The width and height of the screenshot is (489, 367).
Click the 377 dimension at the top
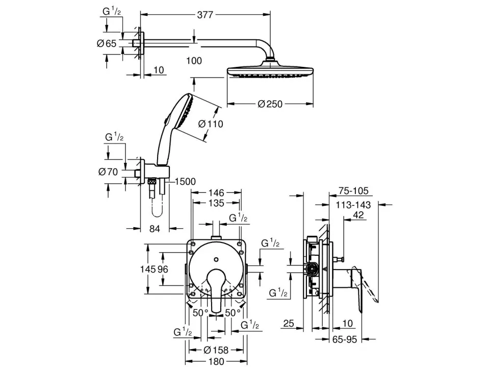pyautogui.click(x=205, y=15)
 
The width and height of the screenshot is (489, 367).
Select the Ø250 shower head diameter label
pyautogui.click(x=270, y=104)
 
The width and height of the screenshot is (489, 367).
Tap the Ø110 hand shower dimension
pyautogui.click(x=211, y=124)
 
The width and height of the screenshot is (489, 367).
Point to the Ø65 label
pyautogui.click(x=107, y=43)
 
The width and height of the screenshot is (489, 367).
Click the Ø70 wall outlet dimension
pyautogui.click(x=108, y=172)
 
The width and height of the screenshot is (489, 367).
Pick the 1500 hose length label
pyautogui.click(x=185, y=181)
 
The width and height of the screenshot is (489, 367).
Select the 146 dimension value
pyautogui.click(x=216, y=192)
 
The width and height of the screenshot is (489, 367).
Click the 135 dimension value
pyautogui.click(x=216, y=203)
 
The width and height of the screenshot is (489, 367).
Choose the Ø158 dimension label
pyautogui.click(x=216, y=350)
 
